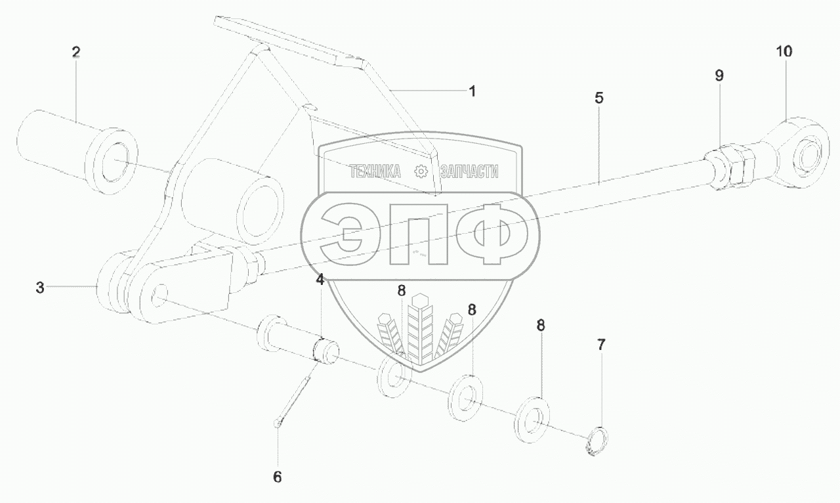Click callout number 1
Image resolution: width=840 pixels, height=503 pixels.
click(471, 91)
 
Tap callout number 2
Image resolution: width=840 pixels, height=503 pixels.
click(76, 52)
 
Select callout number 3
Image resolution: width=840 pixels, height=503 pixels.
click(41, 287)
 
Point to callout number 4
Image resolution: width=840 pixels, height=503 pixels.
click(320, 280)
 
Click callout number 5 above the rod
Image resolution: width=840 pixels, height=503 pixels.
click(598, 98)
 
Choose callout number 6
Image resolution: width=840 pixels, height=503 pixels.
click(277, 477)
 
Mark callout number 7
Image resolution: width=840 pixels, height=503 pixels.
click(601, 343)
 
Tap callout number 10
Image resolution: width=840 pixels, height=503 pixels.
click(785, 51)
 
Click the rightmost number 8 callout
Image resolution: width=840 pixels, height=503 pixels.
click(541, 324)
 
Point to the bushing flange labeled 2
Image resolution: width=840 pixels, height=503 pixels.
click(112, 160)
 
